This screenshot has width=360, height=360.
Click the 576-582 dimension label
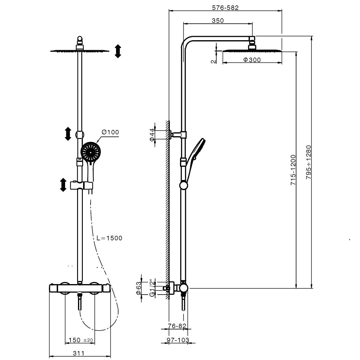[x=225, y=8]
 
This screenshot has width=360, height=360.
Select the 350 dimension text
[x=217, y=20]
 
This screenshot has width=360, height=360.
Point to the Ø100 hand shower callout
[x=110, y=132]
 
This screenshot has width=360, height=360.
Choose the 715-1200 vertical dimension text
[x=293, y=170]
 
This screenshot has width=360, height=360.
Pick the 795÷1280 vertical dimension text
[x=309, y=162]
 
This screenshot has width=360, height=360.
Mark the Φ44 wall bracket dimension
[x=152, y=135]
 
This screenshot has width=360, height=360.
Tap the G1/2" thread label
[x=152, y=289]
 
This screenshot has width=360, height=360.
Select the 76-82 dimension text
[x=177, y=326]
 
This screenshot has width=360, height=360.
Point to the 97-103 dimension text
[x=178, y=340]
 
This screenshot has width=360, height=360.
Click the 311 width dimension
[x=79, y=353]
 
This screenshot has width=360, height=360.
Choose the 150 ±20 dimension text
[x=81, y=340]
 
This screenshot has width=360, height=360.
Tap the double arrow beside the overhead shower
[x=118, y=51]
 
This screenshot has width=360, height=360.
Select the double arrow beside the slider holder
[x=63, y=185]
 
